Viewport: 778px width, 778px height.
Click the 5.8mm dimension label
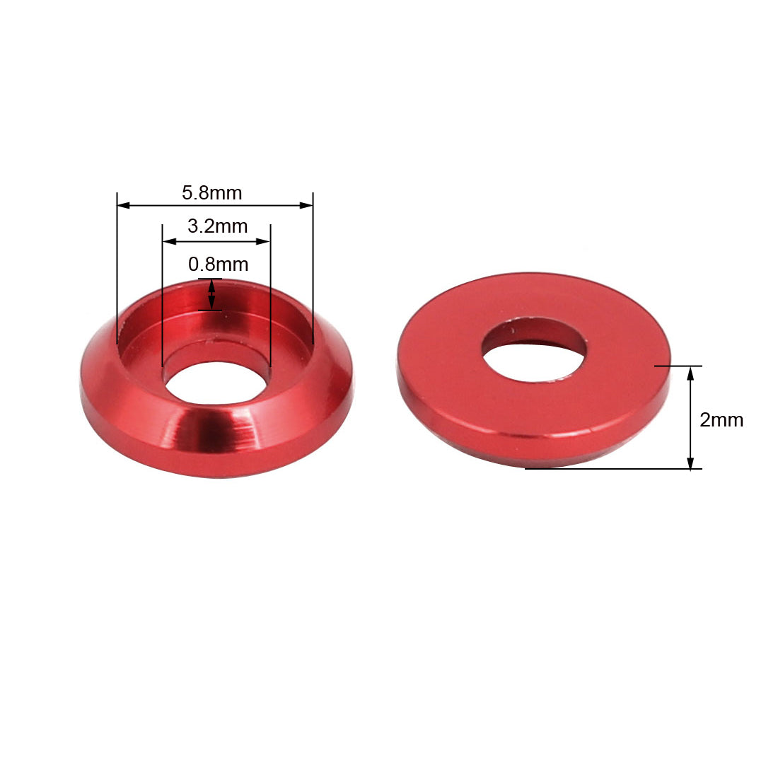click(211, 192)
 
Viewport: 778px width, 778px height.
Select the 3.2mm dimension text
click(217, 226)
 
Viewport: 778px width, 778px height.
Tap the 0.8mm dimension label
click(218, 265)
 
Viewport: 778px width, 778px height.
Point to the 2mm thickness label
click(721, 420)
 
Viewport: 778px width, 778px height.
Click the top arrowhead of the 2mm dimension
click(690, 372)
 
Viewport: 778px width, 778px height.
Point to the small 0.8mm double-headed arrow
click(211, 294)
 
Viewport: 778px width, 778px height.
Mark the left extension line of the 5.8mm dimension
click(117, 269)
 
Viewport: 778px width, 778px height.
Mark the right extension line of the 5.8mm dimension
click(313, 269)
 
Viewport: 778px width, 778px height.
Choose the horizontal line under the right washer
click(608, 469)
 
